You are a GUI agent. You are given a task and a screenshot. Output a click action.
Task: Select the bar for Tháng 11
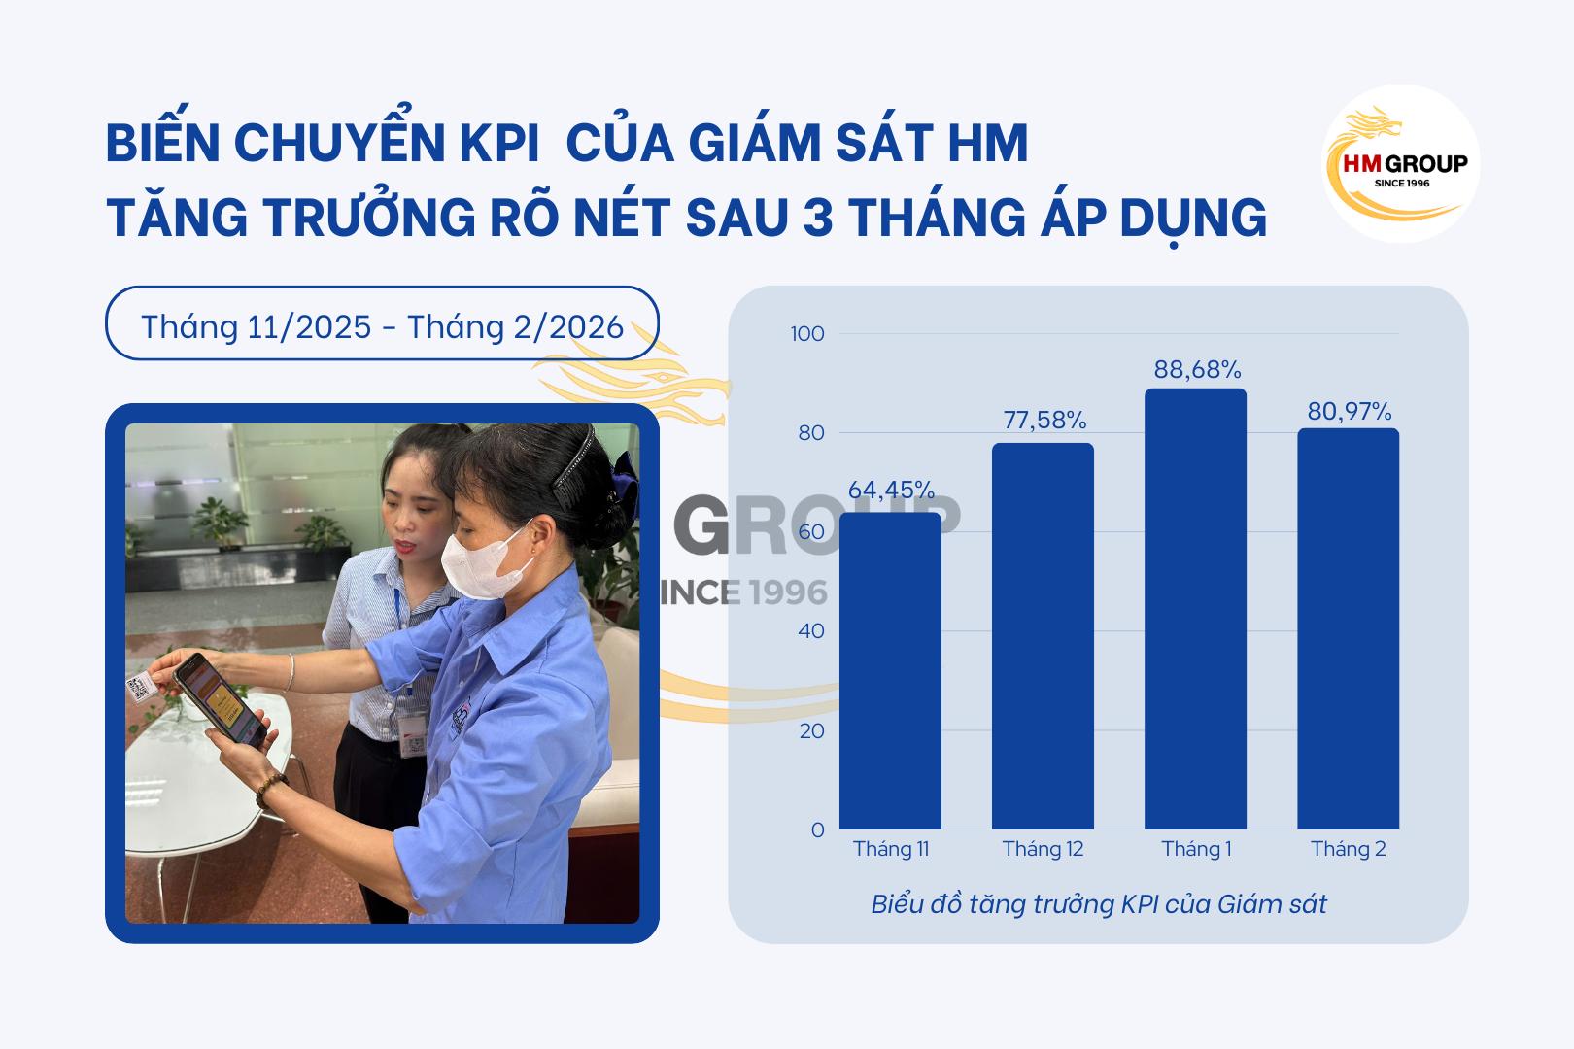point(890,670)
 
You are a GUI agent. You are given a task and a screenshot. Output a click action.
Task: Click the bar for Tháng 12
point(1043,636)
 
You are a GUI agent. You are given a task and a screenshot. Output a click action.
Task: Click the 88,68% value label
point(1197,370)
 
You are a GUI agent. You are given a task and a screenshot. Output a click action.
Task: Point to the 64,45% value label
point(891,491)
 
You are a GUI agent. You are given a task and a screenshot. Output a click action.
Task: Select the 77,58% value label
point(1044,421)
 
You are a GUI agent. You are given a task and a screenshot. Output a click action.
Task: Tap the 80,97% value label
point(1350,412)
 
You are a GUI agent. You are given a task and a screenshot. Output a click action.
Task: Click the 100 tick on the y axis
point(807,334)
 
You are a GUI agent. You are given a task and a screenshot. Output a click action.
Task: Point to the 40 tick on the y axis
point(811,631)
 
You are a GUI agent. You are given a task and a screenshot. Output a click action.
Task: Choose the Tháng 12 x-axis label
point(1043,849)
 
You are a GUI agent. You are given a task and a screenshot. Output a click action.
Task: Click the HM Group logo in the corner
point(1401,163)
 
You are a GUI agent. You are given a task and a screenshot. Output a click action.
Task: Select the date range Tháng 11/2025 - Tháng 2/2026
point(382,326)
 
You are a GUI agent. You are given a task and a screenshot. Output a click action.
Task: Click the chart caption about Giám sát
point(1098,904)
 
